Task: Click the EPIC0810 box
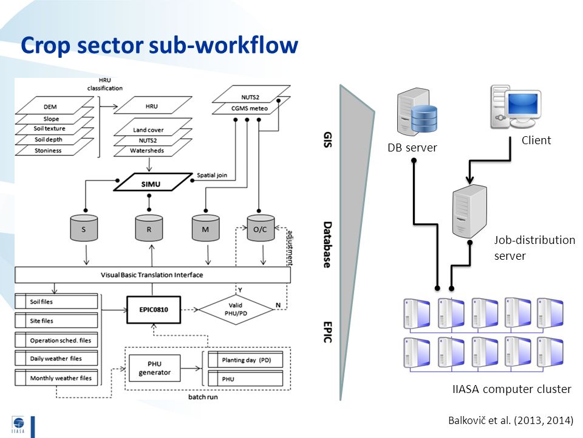(x=154, y=310)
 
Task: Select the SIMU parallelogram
(x=153, y=182)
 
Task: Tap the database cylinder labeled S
(x=84, y=228)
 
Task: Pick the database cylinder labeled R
(x=149, y=228)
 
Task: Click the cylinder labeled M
(x=206, y=228)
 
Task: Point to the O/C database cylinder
(x=261, y=228)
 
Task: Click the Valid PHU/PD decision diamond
(x=236, y=310)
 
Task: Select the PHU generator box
(x=155, y=368)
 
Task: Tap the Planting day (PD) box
(x=245, y=360)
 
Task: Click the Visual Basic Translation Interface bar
(x=152, y=275)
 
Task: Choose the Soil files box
(x=56, y=301)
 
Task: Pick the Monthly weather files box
(x=56, y=378)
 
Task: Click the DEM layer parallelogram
(x=54, y=105)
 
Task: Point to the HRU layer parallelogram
(x=153, y=105)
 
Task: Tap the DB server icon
(x=417, y=112)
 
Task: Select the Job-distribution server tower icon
(x=469, y=211)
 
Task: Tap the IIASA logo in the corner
(x=18, y=425)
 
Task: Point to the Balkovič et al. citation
(x=511, y=420)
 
